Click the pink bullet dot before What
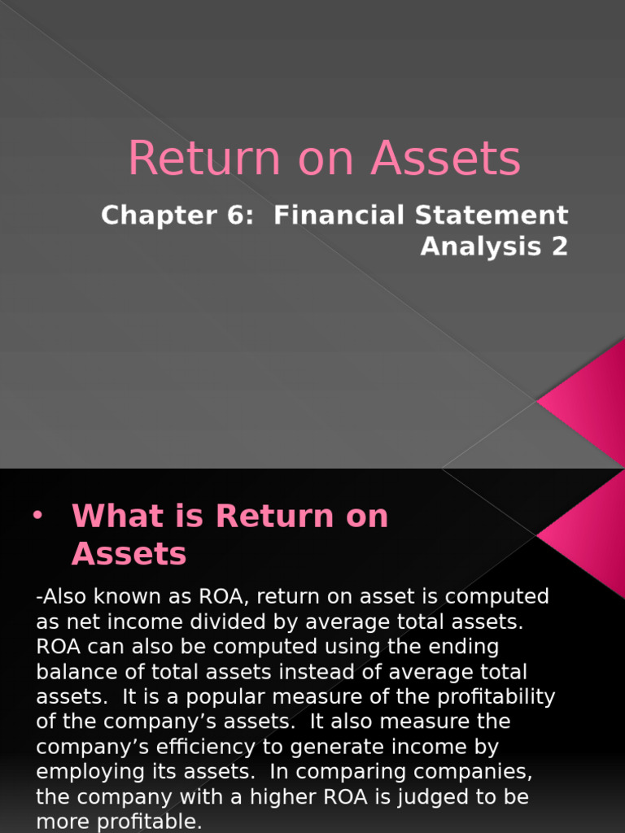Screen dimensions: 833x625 tap(37, 516)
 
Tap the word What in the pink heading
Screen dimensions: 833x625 tap(112, 517)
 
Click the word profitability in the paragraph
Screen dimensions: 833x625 tap(492, 697)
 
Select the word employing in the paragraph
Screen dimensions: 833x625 tap(89, 772)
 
